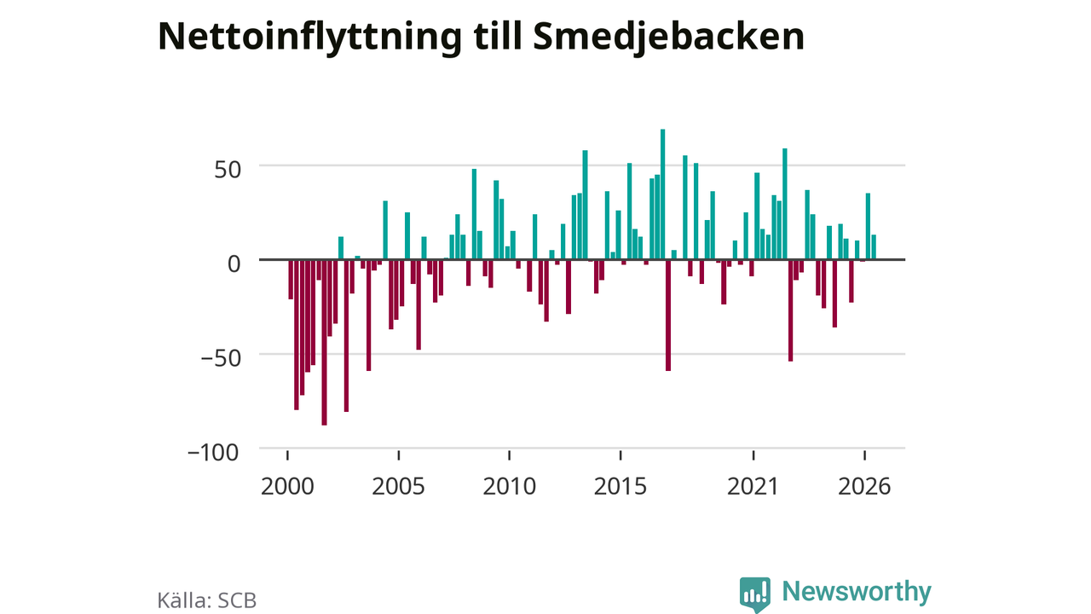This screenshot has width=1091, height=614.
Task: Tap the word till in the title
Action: click(497, 36)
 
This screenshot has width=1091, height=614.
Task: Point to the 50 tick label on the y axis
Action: click(228, 170)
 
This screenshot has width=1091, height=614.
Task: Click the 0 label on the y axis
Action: click(234, 264)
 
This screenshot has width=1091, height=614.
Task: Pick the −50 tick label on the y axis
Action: click(221, 358)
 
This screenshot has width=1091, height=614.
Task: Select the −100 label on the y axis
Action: click(213, 452)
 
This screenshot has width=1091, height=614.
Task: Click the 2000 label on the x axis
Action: click(287, 486)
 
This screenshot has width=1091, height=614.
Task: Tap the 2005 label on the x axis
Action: click(398, 486)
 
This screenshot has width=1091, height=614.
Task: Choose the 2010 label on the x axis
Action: click(510, 486)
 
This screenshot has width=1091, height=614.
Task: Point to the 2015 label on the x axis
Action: click(621, 486)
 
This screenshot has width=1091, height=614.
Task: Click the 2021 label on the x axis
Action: click(753, 486)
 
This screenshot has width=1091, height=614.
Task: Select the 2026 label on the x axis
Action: click(864, 486)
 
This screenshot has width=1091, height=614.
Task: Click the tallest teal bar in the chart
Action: click(663, 194)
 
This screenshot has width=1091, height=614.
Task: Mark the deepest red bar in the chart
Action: click(325, 343)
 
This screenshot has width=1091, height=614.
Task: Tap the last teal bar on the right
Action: click(874, 247)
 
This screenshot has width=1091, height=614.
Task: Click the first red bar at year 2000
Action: click(291, 280)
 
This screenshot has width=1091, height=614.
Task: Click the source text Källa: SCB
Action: click(207, 600)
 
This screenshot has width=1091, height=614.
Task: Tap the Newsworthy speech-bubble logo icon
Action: click(755, 594)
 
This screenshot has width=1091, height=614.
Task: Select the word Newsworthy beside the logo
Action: click(857, 592)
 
